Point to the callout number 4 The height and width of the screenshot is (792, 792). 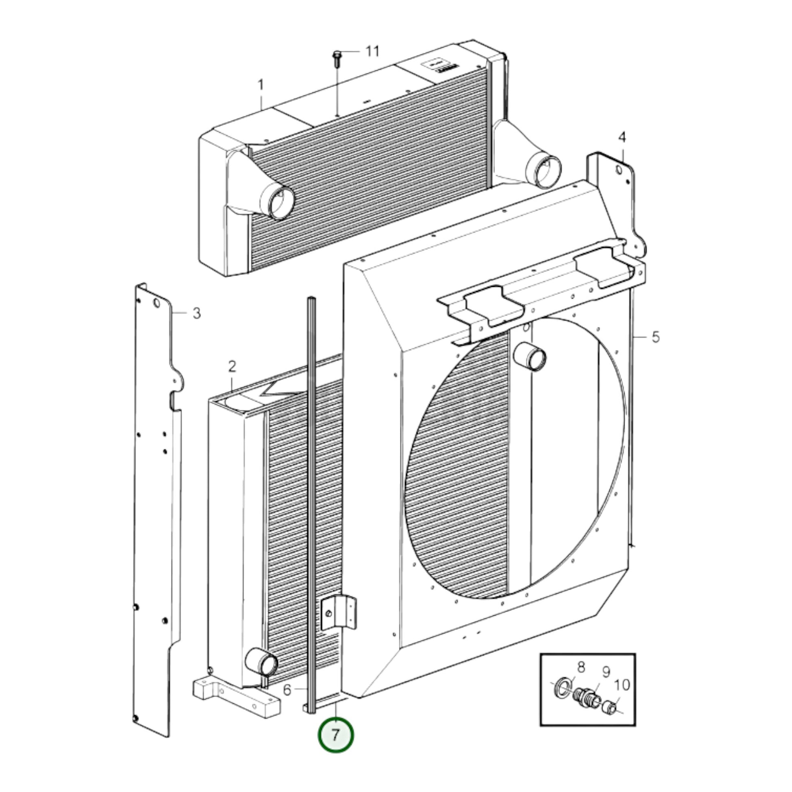coord(622,137)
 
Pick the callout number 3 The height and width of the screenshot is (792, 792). coord(197,314)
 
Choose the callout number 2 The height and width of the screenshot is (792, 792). coord(232,366)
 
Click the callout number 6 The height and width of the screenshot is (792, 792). coord(287,690)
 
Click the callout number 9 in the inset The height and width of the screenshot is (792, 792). coord(606,672)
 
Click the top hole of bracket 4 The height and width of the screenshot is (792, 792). coord(619,169)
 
